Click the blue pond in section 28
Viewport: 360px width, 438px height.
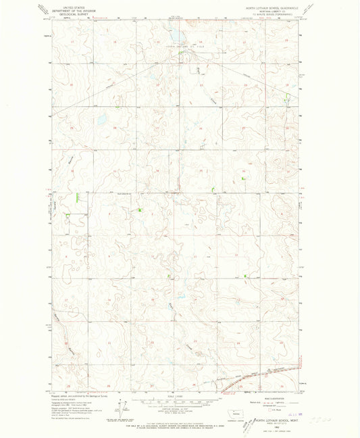[101, 120]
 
